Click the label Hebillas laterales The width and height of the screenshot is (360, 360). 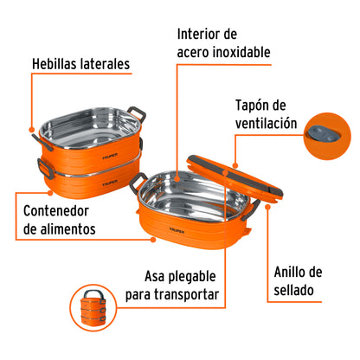click(x=80, y=63)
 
